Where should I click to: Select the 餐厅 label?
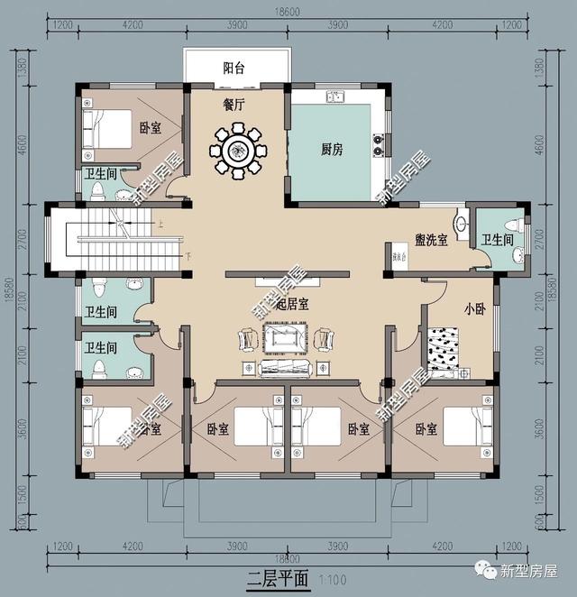pos(236,104)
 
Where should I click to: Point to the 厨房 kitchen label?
pos(331,150)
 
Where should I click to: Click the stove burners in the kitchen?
pos(378,140)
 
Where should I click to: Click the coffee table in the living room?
pos(285,338)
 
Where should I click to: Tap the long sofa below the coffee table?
pos(285,368)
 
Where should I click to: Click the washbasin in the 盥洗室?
pos(463,224)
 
